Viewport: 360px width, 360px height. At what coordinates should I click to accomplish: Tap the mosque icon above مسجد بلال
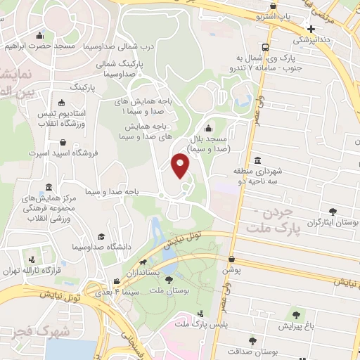[x=207, y=129]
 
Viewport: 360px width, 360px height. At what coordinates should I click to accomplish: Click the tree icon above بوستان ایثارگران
[x=333, y=210]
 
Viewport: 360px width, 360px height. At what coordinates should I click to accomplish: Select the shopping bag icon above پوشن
[x=231, y=259]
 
